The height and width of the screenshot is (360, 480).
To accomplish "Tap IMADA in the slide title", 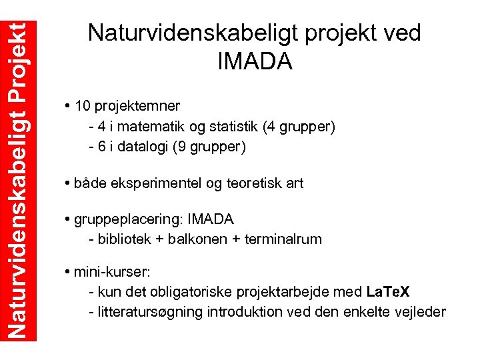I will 255,61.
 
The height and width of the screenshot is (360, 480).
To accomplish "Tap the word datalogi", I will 143,147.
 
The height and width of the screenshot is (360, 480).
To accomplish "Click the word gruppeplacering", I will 130,219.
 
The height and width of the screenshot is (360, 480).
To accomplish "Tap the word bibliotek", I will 125,239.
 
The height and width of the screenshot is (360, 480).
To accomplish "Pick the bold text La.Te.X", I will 389,292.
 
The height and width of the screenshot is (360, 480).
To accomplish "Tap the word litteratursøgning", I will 151,312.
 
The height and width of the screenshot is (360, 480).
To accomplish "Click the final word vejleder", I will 421,312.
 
